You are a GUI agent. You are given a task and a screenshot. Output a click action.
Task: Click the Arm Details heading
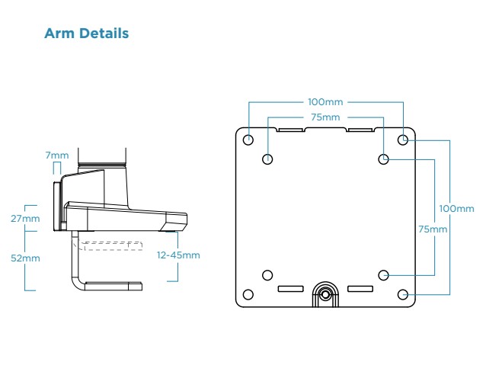86,34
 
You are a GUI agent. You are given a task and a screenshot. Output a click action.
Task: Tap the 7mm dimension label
56,155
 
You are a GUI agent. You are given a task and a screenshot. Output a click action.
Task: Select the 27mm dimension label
30,219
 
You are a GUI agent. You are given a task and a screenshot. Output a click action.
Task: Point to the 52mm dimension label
30,258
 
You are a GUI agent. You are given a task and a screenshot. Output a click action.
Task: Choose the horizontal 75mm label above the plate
325,117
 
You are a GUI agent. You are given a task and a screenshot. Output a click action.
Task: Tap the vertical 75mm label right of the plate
433,229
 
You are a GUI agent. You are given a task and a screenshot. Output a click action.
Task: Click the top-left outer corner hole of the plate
248,139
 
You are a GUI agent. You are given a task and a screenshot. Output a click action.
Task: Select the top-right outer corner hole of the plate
403,139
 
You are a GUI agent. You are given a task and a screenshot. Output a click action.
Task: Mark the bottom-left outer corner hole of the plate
248,295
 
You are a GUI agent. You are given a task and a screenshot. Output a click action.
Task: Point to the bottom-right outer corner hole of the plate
403,295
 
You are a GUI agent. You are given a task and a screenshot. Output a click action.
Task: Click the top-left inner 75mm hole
267,159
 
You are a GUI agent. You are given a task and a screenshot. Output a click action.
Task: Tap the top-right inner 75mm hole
384,159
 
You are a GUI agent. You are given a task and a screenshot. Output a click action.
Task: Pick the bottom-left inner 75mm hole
267,275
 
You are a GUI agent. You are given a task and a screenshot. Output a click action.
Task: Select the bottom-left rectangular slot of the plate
290,289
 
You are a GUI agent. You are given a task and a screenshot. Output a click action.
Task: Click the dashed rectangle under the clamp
112,245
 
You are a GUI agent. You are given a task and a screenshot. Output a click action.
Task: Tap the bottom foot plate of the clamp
113,287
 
